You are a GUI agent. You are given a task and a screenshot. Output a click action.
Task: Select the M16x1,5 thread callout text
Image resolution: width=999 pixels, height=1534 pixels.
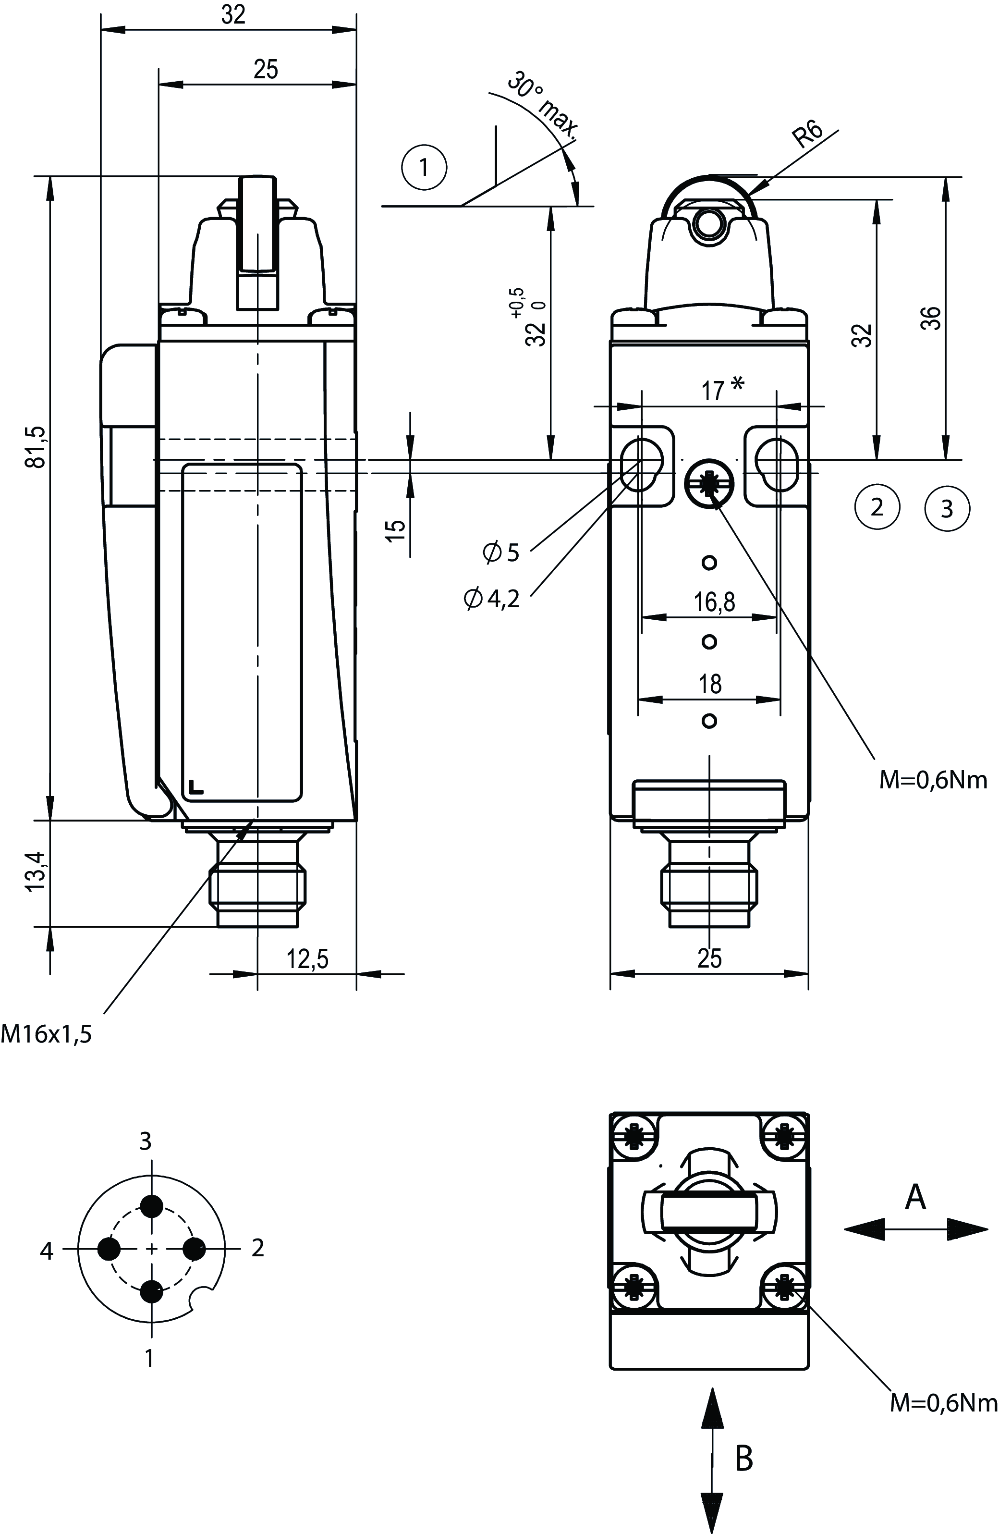47,1034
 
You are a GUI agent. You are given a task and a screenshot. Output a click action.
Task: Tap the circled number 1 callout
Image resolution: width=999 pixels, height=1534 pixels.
424,168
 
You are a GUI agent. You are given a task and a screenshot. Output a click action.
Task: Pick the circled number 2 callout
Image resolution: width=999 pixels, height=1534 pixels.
877,507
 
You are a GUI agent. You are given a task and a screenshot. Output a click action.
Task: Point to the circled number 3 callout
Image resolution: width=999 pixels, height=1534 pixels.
947,509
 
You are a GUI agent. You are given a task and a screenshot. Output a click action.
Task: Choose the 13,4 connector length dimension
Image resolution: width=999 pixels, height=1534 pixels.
36,871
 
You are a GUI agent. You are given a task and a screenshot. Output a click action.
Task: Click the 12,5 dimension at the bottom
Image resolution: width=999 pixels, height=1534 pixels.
307,960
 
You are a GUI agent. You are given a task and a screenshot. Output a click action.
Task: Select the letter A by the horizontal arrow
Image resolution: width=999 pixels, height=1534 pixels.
915,1198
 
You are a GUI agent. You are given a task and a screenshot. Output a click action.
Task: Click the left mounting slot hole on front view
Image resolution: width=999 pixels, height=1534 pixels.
641,464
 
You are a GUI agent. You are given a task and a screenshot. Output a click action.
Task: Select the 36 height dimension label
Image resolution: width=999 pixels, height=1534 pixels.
932,319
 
